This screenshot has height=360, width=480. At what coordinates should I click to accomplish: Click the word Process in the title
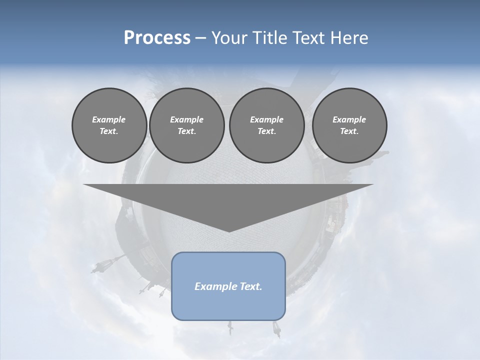pyautogui.click(x=157, y=38)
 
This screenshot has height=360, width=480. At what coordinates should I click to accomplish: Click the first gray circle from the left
pyautogui.click(x=109, y=125)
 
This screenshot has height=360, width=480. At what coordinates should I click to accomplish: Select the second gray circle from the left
pyautogui.click(x=186, y=125)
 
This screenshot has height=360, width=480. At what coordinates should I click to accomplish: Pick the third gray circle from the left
pyautogui.click(x=266, y=125)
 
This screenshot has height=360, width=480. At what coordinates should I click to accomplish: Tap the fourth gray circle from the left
pyautogui.click(x=349, y=125)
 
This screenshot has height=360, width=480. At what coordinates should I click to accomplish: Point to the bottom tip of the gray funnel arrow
pyautogui.click(x=228, y=231)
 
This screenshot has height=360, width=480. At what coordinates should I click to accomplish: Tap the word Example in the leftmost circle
pyautogui.click(x=109, y=119)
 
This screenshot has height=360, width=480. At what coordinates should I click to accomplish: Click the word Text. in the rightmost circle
pyautogui.click(x=349, y=131)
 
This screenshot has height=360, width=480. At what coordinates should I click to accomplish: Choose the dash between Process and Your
pyautogui.click(x=201, y=38)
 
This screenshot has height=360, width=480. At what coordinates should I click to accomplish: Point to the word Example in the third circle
pyautogui.click(x=266, y=119)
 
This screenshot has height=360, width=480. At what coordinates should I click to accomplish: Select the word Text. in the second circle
pyautogui.click(x=186, y=131)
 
